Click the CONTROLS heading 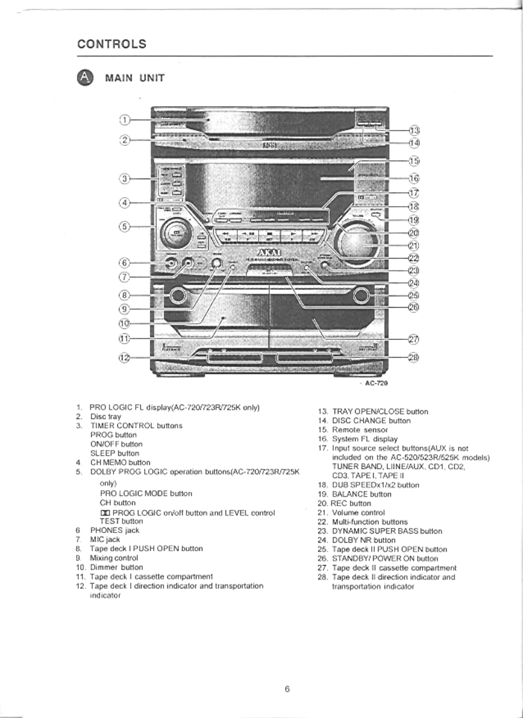(x=112, y=44)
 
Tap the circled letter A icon (x=85, y=77)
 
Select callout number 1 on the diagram (x=125, y=120)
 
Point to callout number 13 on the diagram (x=414, y=131)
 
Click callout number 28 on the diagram (x=413, y=357)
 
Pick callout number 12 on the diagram (x=125, y=357)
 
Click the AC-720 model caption (x=377, y=383)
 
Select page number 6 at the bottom (x=287, y=689)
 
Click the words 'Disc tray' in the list (x=106, y=417)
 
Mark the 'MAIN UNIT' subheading (x=135, y=78)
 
